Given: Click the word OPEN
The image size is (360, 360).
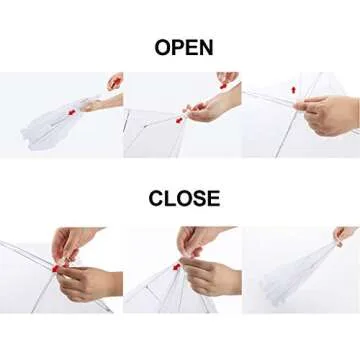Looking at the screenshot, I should (184, 46).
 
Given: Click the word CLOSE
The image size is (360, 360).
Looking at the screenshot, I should (184, 198).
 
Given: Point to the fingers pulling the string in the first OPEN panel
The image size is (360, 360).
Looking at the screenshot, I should (115, 80).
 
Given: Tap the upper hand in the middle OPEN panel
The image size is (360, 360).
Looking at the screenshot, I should (227, 78).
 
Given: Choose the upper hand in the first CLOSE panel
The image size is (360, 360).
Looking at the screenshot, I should (75, 243).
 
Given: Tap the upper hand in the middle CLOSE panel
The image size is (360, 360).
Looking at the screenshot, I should (200, 240).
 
